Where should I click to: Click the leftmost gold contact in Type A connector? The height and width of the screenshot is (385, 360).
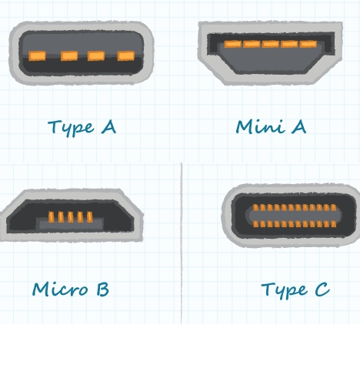[37, 56]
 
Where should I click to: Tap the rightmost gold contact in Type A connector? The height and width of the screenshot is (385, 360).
[126, 55]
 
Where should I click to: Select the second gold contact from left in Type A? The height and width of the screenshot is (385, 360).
[69, 56]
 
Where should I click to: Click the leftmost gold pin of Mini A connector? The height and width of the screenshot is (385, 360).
[233, 44]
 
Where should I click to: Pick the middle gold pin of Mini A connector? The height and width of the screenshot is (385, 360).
[271, 44]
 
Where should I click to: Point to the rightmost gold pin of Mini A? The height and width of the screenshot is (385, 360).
[308, 44]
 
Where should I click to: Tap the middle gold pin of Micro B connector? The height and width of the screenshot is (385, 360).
[71, 217]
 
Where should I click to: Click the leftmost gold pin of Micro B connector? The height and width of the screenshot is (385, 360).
[52, 217]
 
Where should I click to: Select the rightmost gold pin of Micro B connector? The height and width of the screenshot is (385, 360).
[90, 217]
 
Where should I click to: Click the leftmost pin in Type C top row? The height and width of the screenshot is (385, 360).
[255, 208]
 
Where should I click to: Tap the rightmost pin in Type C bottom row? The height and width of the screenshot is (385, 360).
[334, 224]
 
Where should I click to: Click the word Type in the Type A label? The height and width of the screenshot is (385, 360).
[71, 128]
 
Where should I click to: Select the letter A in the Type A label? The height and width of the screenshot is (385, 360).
[108, 127]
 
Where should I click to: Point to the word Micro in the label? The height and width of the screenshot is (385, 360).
[60, 289]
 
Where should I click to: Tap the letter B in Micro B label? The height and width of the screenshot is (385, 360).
[103, 289]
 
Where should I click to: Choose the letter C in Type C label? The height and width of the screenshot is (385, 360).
[322, 289]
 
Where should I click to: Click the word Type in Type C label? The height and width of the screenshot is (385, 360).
[284, 290]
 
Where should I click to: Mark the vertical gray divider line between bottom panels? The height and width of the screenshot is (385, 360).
[182, 243]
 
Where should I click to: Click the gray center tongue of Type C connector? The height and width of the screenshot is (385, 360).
[294, 216]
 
